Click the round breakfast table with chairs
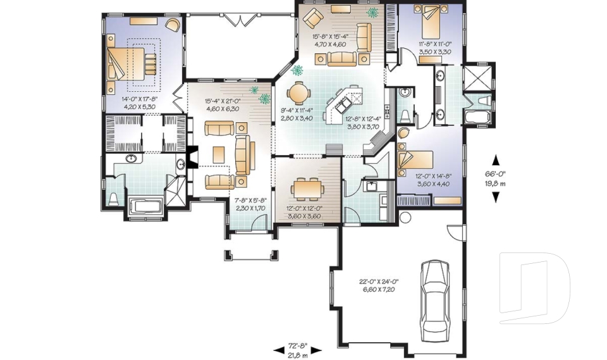tap(298, 93)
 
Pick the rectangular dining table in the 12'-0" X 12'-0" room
tap(307, 189)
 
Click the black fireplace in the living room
tap(193, 158)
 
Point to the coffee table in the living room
tap(219, 154)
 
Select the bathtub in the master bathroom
tap(144, 207)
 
